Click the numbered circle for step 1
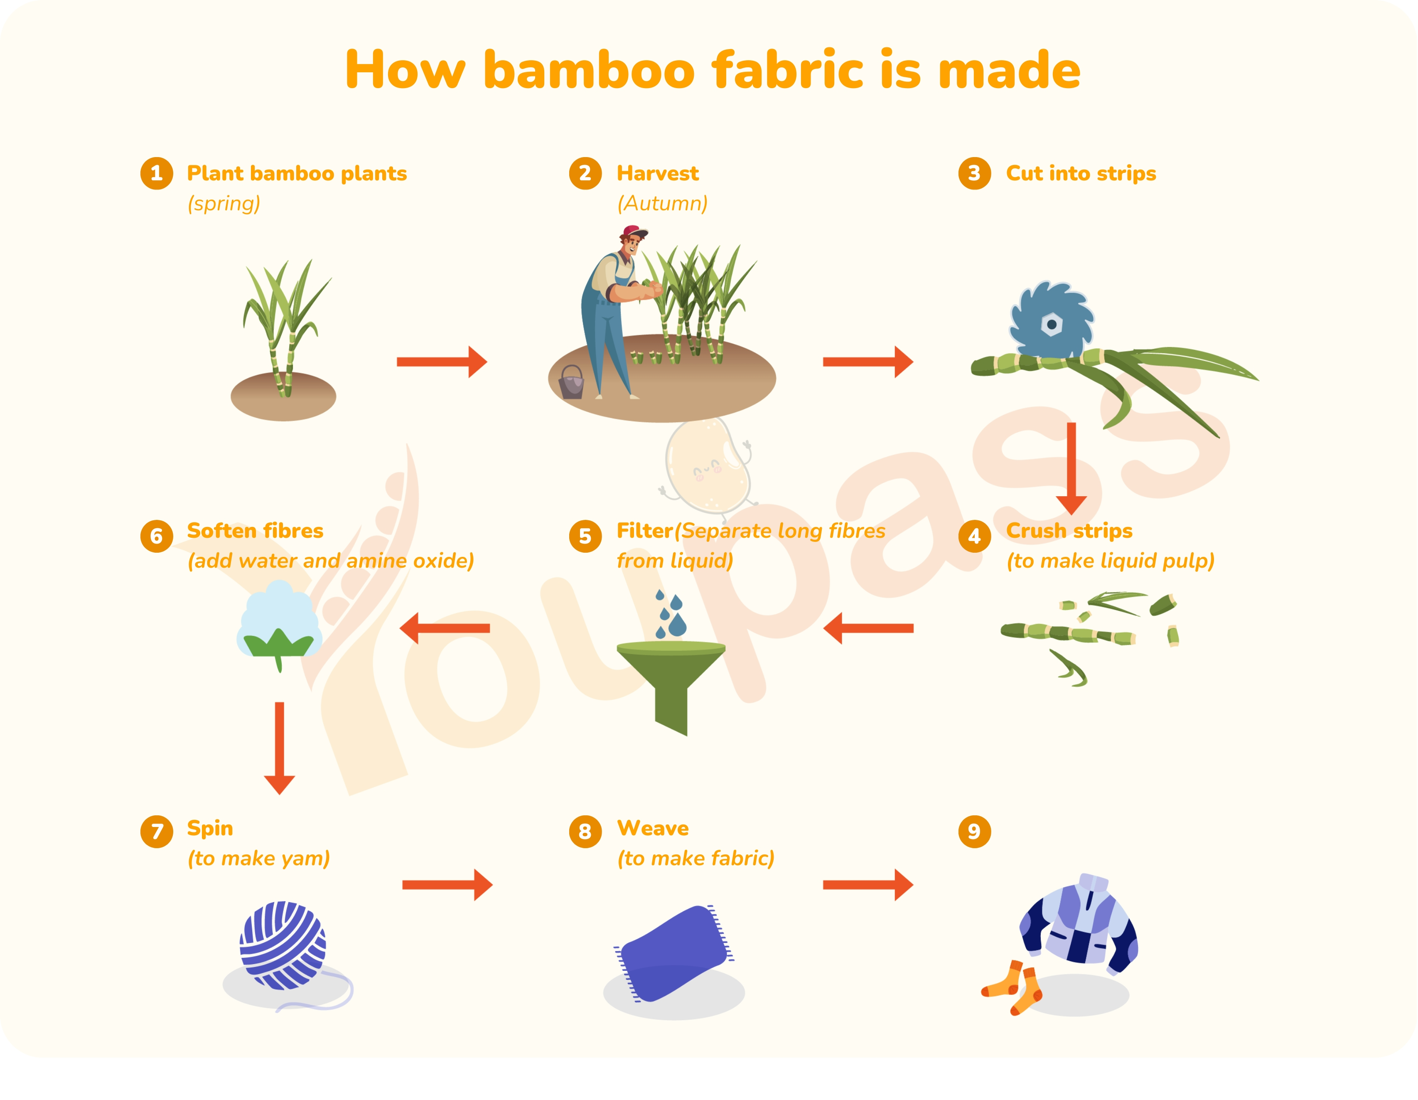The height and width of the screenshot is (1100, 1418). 157,173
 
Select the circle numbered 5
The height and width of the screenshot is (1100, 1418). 585,536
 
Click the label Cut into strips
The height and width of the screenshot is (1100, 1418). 1081,173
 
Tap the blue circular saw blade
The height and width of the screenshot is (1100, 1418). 1051,321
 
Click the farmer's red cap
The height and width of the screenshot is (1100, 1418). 634,232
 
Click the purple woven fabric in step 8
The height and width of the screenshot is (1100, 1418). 674,952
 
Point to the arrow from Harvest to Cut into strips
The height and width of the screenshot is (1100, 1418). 868,362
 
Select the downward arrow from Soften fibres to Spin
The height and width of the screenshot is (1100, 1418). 280,748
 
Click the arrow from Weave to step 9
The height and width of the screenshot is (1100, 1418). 868,884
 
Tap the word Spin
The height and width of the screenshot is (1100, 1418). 210,829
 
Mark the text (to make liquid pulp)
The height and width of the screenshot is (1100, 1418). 1110,561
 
